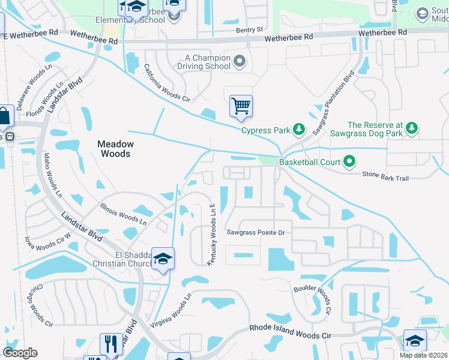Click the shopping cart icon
tap(241, 106)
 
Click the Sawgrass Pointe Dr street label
tap(255, 232)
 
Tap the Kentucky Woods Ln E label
tap(212, 234)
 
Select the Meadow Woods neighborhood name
tap(116, 149)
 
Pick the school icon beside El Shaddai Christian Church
tap(163, 258)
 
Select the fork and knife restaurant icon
tap(111, 343)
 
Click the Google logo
tap(20, 353)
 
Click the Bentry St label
tap(250, 29)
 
